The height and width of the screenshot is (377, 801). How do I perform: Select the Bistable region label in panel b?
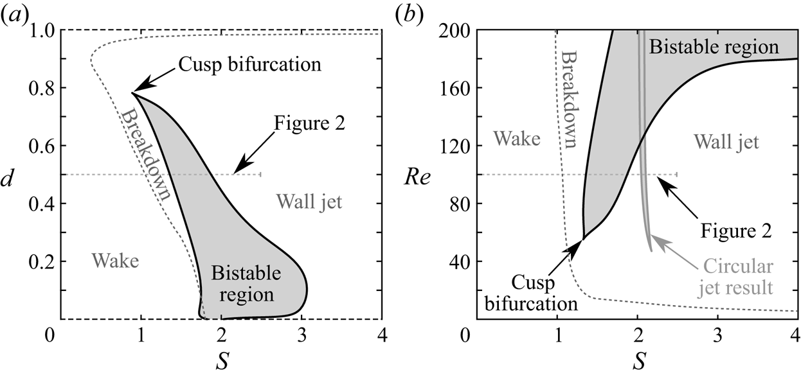pyautogui.click(x=714, y=46)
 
